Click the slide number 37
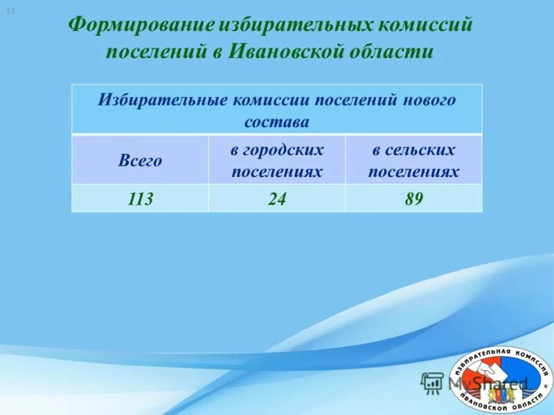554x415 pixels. click(x=10, y=12)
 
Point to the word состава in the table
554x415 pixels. click(x=276, y=122)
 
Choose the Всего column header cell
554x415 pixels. click(x=140, y=160)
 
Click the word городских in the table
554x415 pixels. click(x=277, y=149)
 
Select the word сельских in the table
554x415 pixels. click(x=413, y=149)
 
